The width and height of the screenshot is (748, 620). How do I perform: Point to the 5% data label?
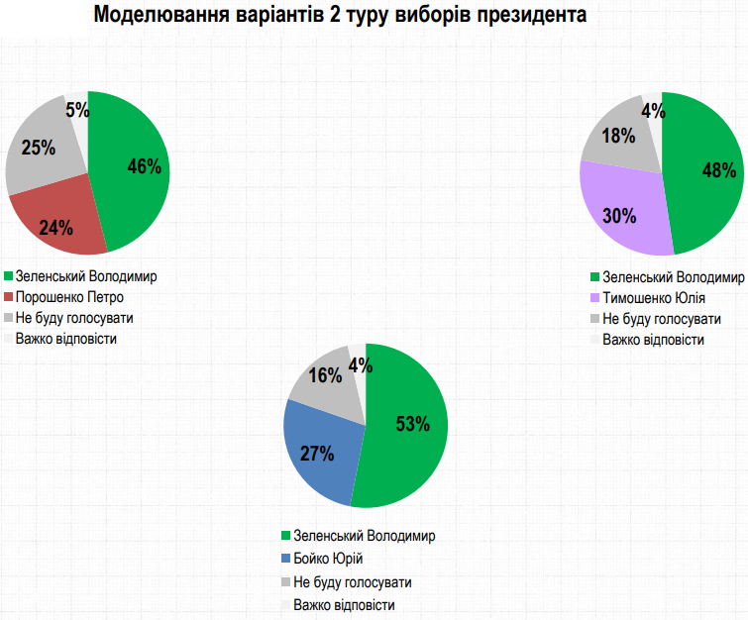76,109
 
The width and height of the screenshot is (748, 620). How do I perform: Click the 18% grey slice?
618,137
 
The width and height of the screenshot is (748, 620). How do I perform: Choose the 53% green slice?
408,426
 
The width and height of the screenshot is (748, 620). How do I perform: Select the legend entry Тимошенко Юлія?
653,297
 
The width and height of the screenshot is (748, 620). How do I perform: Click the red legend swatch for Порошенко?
9,297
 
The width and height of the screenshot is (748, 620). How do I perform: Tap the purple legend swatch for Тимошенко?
594,297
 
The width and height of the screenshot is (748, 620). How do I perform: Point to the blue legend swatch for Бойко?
286,560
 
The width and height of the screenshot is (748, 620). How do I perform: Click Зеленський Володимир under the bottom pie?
365,537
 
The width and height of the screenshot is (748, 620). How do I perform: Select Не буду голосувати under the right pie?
661,319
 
